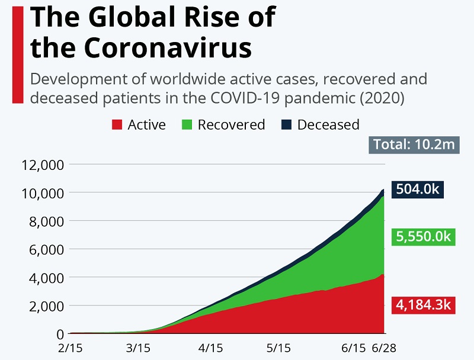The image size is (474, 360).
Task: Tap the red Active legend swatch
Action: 117,125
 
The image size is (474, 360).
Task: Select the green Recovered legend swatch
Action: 187,125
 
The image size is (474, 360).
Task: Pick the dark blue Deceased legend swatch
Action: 286,125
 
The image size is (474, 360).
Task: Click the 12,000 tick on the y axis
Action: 42,165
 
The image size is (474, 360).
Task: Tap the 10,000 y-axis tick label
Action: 42,193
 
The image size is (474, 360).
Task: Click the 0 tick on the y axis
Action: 59,334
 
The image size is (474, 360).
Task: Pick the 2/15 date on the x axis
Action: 71,348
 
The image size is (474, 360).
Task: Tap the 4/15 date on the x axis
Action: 210,348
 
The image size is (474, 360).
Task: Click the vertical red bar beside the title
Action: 17,53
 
